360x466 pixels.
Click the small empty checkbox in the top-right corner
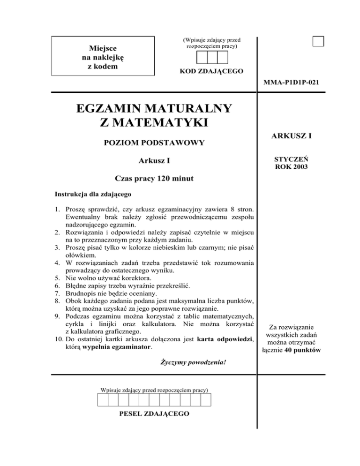tap(319, 41)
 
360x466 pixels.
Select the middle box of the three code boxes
tap(212, 57)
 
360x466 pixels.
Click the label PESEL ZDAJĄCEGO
tap(154, 414)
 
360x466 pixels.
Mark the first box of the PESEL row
tap(103, 399)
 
